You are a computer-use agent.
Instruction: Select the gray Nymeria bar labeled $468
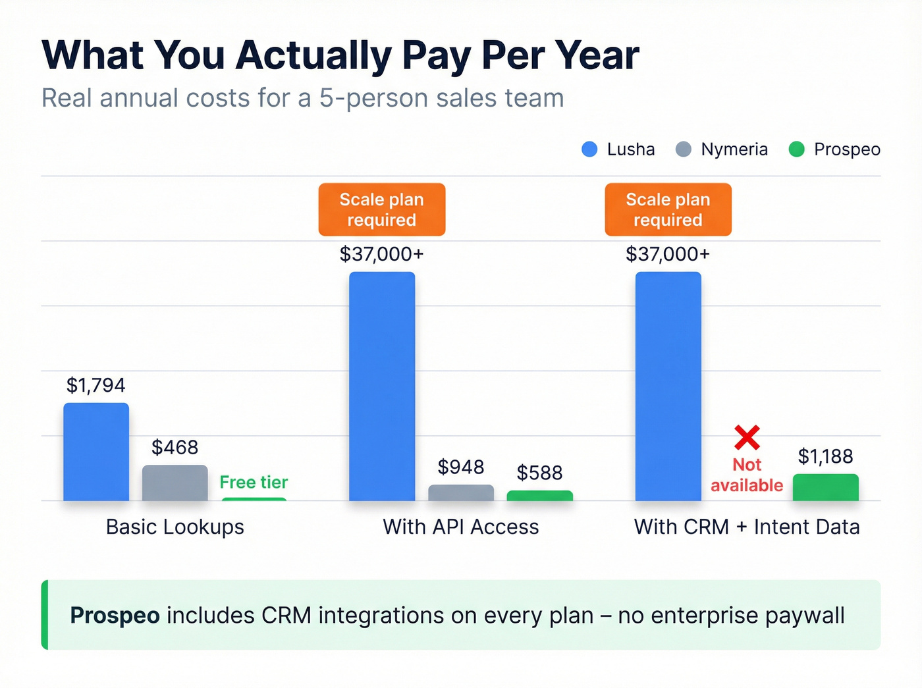click(175, 483)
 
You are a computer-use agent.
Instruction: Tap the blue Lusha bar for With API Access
click(382, 386)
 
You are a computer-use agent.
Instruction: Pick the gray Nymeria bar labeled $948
click(461, 492)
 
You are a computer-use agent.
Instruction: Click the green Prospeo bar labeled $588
click(539, 495)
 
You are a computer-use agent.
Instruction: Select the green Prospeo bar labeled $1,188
click(825, 487)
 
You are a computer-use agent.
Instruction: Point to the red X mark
click(747, 437)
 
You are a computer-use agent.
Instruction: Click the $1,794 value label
click(95, 385)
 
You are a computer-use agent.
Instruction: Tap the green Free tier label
click(254, 482)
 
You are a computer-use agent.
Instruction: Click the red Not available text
click(747, 475)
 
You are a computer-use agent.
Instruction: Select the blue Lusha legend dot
click(589, 149)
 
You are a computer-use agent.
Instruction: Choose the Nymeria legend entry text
click(734, 149)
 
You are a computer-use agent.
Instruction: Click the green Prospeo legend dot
click(796, 149)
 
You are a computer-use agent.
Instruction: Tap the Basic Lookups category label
click(175, 527)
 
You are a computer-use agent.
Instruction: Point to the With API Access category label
click(461, 527)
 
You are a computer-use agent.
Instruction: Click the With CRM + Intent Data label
click(747, 527)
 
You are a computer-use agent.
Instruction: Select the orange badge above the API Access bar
click(382, 209)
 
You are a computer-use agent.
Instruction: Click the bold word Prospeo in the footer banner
click(115, 615)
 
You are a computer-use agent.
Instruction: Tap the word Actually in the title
click(313, 55)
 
